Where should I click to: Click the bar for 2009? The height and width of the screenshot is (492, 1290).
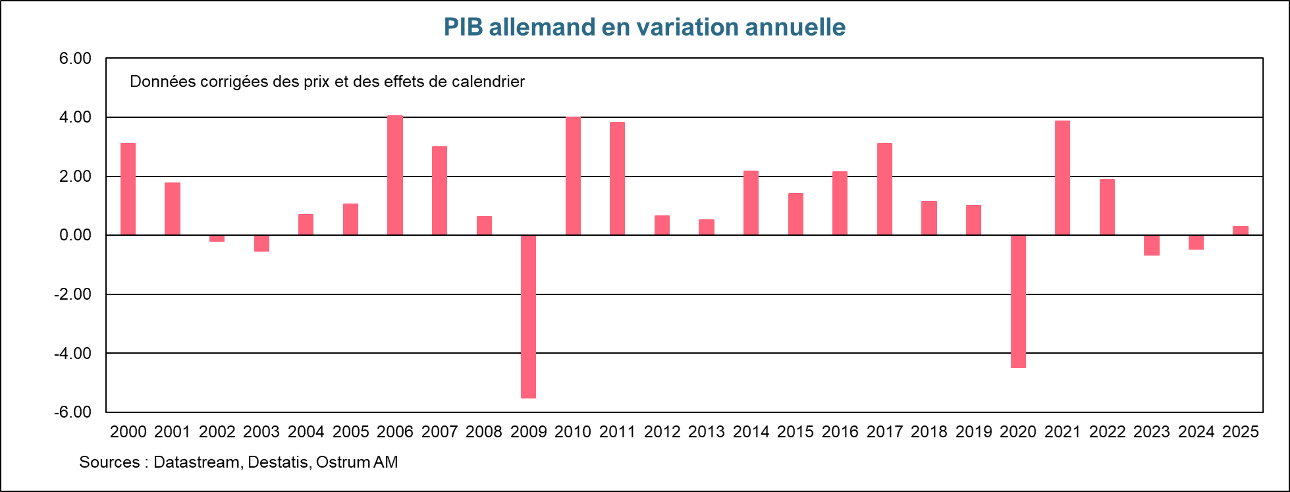(528, 316)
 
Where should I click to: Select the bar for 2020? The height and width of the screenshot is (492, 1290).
(1018, 301)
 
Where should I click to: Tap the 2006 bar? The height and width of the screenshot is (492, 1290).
(394, 175)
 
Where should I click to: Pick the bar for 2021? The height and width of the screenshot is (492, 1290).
(1062, 178)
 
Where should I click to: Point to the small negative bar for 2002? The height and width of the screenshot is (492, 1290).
(217, 238)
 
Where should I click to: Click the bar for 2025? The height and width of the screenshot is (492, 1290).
(1241, 231)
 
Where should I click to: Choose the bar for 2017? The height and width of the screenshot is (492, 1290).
(884, 189)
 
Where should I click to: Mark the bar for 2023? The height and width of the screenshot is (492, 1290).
(1152, 245)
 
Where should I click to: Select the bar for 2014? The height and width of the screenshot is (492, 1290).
(751, 203)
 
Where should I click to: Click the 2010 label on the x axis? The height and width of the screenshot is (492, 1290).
(573, 432)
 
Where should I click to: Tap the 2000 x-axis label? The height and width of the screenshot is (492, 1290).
(128, 432)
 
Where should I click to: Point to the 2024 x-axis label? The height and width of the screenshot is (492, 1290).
(1196, 432)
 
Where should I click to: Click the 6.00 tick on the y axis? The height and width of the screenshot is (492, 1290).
(75, 59)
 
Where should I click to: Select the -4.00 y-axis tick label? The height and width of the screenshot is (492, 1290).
(73, 353)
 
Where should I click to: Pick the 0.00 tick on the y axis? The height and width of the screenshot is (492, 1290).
(75, 235)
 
